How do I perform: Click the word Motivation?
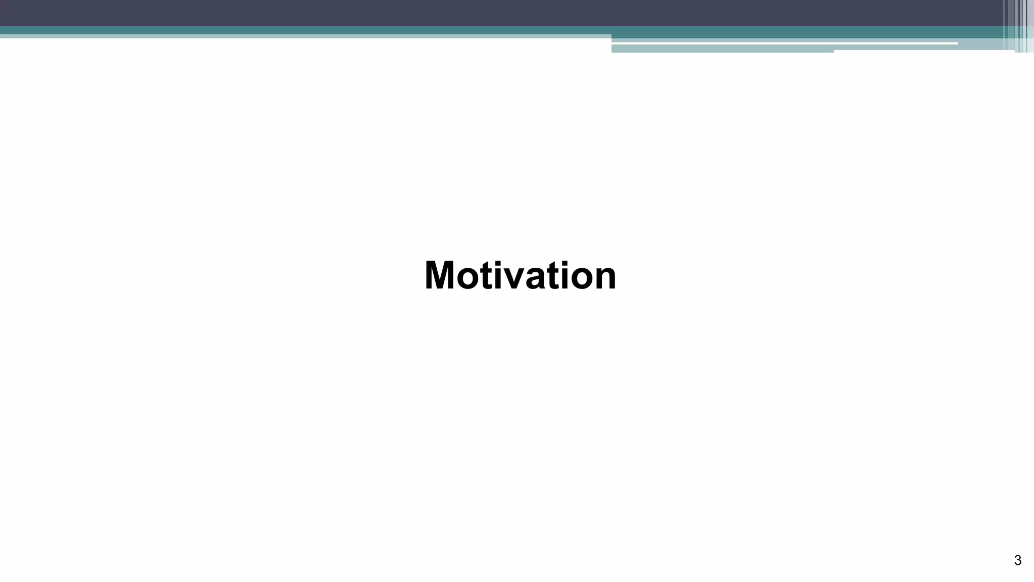click(520, 276)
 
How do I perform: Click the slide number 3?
click(1017, 560)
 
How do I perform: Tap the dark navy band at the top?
click(454, 13)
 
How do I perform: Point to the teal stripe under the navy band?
click(303, 30)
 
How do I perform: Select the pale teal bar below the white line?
click(722, 49)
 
